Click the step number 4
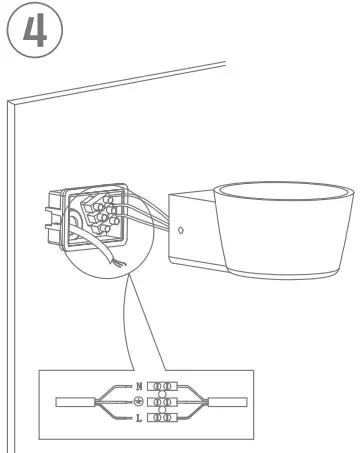(34, 29)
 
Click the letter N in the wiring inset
(138, 385)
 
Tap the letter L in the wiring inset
(138, 417)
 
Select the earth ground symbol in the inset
(138, 401)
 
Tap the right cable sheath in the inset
(233, 401)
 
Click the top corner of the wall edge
(11, 101)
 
